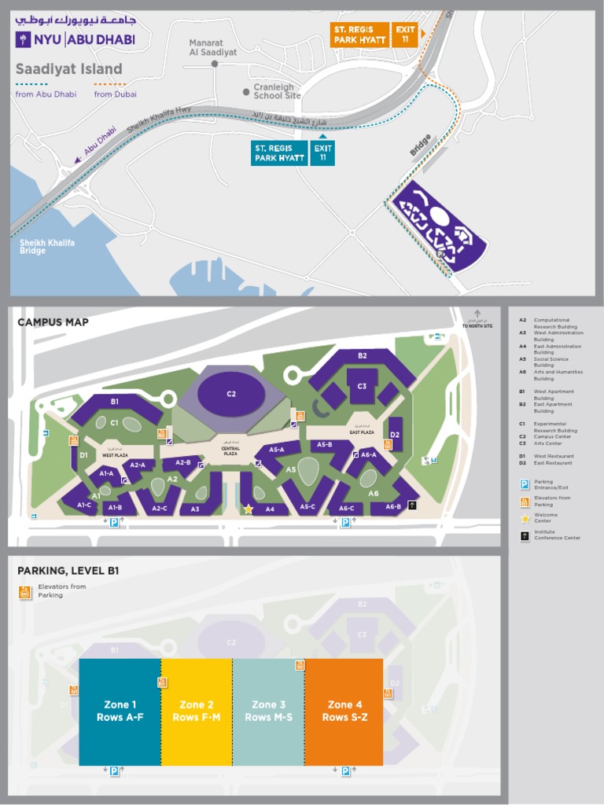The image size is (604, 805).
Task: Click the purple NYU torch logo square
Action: [24, 40]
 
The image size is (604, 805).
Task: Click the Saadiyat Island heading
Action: [69, 69]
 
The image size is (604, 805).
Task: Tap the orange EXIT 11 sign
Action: [405, 35]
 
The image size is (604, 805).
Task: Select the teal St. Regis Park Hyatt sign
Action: [278, 153]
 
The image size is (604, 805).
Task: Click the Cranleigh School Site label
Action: [277, 91]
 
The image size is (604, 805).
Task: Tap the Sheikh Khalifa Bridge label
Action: [47, 247]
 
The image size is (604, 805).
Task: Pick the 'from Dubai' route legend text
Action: [116, 94]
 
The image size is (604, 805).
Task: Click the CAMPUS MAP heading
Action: [53, 322]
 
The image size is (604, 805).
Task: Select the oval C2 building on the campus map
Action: [231, 393]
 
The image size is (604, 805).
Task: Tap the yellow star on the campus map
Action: [249, 509]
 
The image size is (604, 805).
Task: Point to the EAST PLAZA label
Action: [361, 432]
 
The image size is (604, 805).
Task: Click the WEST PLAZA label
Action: [115, 455]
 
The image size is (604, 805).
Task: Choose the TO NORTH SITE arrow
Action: [477, 318]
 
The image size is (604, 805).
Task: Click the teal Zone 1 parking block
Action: [120, 711]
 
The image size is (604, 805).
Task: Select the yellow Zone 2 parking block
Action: [197, 711]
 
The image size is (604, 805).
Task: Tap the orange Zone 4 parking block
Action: [344, 711]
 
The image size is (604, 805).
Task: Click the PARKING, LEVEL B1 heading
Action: [68, 570]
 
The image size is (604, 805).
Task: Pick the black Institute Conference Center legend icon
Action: [525, 535]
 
